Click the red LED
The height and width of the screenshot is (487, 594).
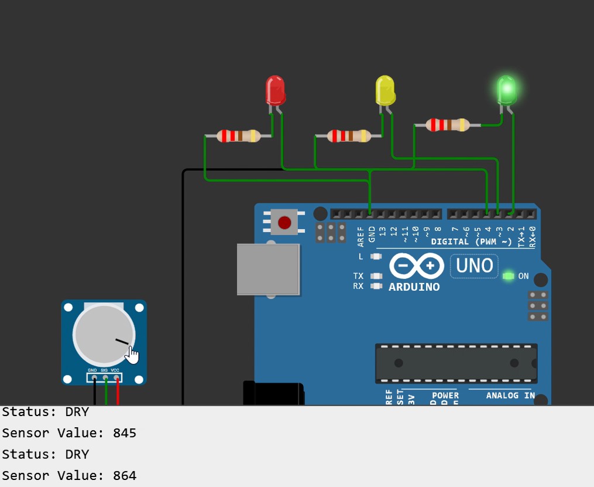point(275,90)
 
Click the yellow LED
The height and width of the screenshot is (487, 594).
point(384,90)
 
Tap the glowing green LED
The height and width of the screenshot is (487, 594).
point(506,90)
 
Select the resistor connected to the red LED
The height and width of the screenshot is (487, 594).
point(238,136)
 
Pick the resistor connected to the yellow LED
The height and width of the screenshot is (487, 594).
point(348,136)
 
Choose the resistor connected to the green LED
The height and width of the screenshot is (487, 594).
point(447,125)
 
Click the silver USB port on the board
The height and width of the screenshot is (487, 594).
point(268,269)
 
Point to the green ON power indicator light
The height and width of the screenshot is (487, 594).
point(507,275)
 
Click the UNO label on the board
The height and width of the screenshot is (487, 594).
point(474,266)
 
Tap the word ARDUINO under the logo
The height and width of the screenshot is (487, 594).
point(414,287)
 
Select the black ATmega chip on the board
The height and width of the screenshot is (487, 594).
point(456,363)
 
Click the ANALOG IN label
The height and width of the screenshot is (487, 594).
point(510,396)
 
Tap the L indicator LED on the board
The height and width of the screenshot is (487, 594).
point(376,257)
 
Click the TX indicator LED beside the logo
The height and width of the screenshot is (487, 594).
point(376,276)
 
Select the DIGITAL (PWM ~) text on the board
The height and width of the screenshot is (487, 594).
point(471,241)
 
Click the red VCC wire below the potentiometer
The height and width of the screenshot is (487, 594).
point(118,394)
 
